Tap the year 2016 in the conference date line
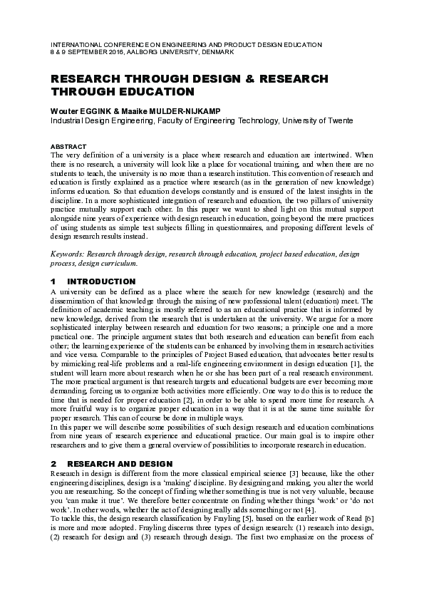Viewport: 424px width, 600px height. [111, 51]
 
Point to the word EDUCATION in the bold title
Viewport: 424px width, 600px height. [154, 92]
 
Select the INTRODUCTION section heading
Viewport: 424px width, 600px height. [105, 281]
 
